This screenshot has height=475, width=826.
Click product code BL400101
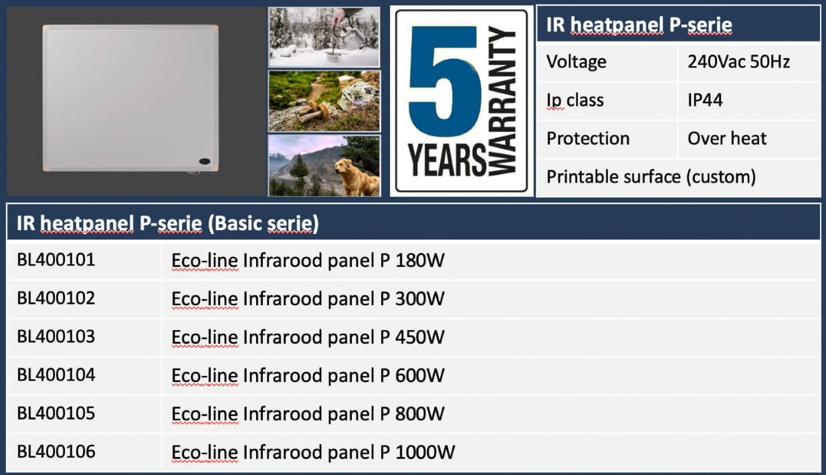[56, 260]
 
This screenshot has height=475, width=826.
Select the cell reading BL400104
[56, 375]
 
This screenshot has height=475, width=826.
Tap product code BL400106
[56, 452]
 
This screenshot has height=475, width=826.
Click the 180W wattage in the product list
[420, 260]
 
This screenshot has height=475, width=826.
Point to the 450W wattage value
[420, 337]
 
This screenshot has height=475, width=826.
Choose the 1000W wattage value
[425, 452]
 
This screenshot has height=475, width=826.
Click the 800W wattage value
[420, 413]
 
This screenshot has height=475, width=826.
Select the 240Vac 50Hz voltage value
[738, 62]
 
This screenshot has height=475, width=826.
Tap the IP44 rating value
[705, 100]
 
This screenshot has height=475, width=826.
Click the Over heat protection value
[727, 138]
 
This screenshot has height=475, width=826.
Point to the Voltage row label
[577, 62]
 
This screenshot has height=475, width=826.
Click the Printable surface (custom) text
[651, 177]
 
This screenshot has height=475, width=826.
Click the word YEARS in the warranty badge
[447, 159]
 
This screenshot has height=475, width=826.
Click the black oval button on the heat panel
[205, 161]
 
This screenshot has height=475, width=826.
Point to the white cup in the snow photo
[333, 56]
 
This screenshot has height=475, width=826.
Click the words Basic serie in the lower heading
[264, 223]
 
